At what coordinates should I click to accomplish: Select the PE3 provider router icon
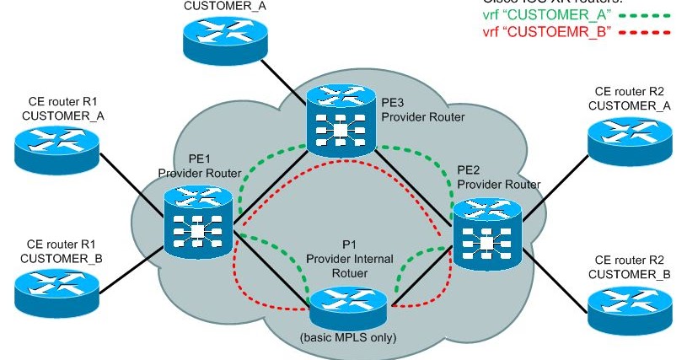coord(340,123)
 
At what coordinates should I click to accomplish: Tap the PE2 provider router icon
coord(487,237)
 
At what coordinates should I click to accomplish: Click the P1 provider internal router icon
coord(347,307)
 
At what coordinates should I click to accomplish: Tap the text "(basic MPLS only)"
coord(347,340)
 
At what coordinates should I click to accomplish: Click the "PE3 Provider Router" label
coord(421,110)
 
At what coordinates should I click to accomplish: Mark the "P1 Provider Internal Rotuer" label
coord(349,259)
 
